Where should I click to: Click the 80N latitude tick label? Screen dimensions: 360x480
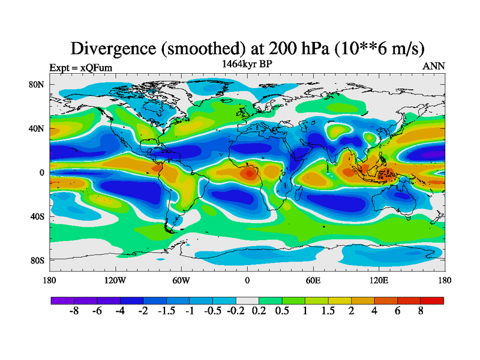[x=37, y=85]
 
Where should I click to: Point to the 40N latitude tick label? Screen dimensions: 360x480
[x=37, y=128]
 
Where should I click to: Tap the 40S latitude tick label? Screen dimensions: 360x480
[x=38, y=216]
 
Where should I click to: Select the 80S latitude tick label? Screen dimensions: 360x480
[x=38, y=260]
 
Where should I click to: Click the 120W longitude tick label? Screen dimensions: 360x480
[x=115, y=280]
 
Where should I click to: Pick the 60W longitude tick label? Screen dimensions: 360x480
[x=181, y=280]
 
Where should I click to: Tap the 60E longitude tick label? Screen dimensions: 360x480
[x=313, y=280]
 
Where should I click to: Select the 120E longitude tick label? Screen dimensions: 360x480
[x=379, y=280]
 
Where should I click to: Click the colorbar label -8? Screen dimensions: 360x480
[x=74, y=312]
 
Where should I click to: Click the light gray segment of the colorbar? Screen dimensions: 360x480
[x=247, y=300]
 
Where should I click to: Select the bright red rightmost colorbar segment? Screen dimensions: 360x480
[x=433, y=300]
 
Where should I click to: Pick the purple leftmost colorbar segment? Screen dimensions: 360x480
[x=62, y=300]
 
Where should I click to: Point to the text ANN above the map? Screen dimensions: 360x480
[x=434, y=66]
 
